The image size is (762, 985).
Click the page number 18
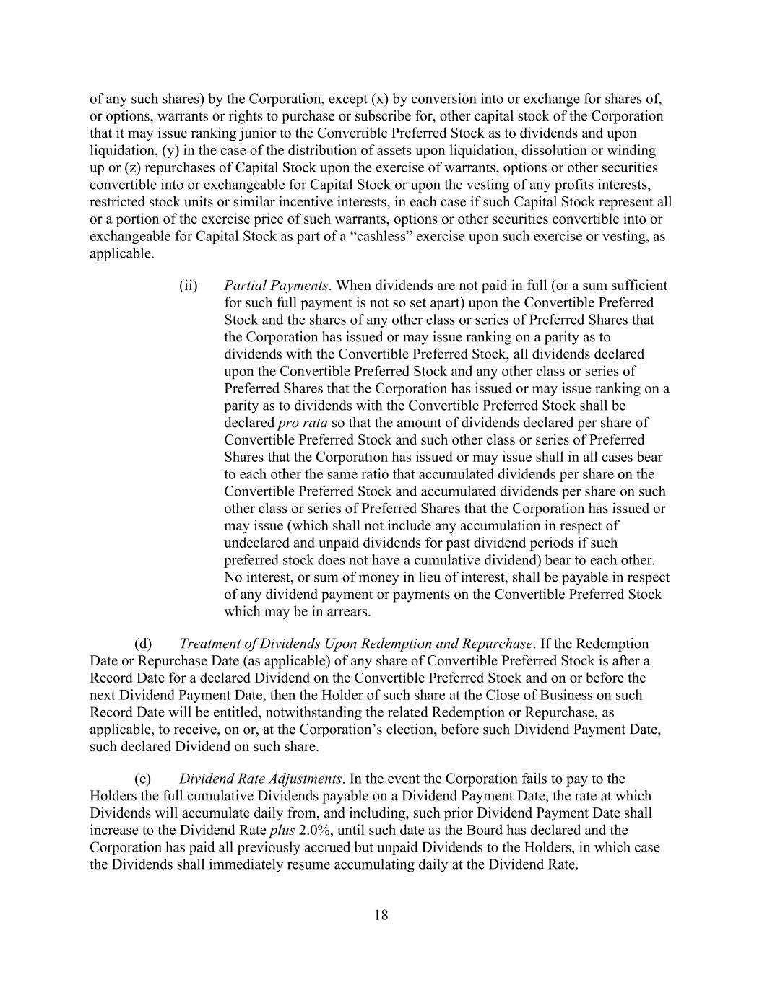[x=381, y=915]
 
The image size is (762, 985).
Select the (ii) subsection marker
[x=189, y=285]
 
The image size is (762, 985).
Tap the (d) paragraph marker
[x=143, y=643]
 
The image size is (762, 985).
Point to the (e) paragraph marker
[x=143, y=779]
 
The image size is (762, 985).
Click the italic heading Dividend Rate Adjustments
[x=260, y=779]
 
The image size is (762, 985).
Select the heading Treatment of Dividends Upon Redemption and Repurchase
[x=355, y=643]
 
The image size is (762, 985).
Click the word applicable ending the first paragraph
[x=121, y=253]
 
